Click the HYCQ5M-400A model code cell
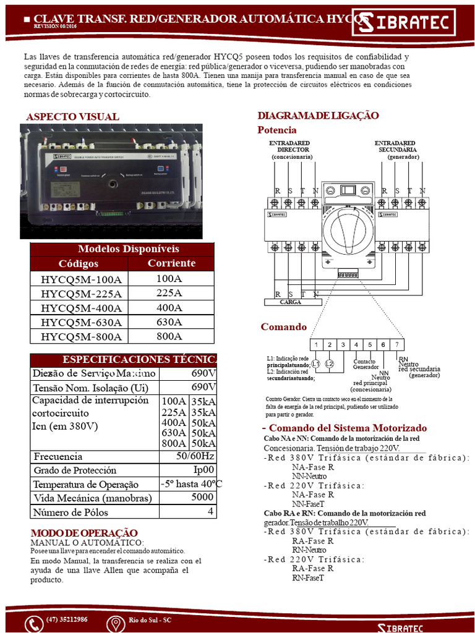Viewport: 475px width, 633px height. pyautogui.click(x=81, y=308)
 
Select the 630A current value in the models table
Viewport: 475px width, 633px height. pyautogui.click(x=169, y=322)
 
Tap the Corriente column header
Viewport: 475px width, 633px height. pyautogui.click(x=171, y=263)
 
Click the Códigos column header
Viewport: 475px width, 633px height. pyautogui.click(x=79, y=264)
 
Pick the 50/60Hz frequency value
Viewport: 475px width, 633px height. pyautogui.click(x=195, y=456)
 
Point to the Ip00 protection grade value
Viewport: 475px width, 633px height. pyautogui.click(x=203, y=470)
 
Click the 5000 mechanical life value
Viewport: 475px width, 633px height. pyautogui.click(x=203, y=498)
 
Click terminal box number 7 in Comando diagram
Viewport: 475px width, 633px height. pyautogui.click(x=398, y=344)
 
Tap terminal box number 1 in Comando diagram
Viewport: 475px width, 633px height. pyautogui.click(x=316, y=344)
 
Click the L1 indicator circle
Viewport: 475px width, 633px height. pyautogui.click(x=315, y=364)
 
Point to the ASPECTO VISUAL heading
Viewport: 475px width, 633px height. pyautogui.click(x=72, y=117)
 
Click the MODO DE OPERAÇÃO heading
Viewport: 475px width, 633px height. pyautogui.click(x=84, y=533)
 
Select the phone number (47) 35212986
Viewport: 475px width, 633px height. pyautogui.click(x=67, y=619)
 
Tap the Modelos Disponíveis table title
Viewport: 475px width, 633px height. pyautogui.click(x=122, y=249)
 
